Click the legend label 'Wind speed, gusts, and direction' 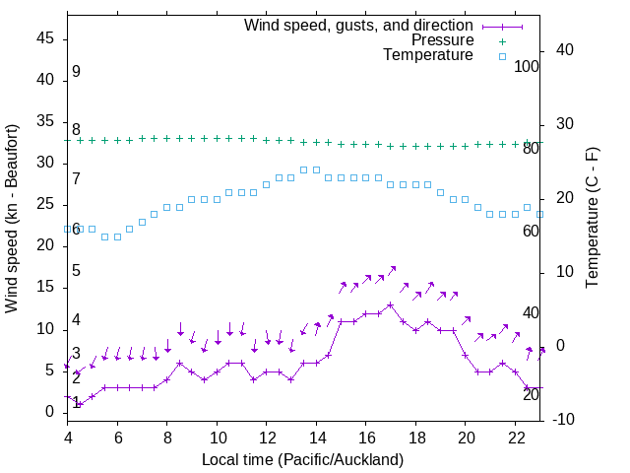[358, 25]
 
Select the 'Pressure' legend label [442, 40]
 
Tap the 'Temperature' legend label [428, 55]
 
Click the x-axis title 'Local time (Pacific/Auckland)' [302, 460]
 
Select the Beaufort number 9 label [76, 72]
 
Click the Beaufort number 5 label [76, 271]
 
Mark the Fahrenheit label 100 [528, 66]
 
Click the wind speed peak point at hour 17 [391, 304]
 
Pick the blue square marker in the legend [501, 56]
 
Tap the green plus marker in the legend [501, 41]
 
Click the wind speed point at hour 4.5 [80, 404]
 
